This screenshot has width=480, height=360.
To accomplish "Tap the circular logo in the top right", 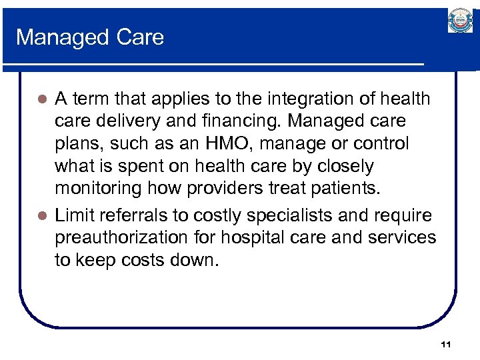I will pyautogui.click(x=459, y=21).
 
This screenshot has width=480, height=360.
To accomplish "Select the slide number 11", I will pyautogui.click(x=446, y=344).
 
